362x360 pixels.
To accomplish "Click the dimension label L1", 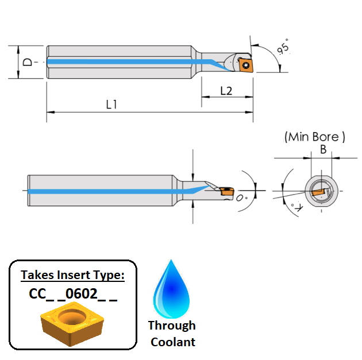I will tap(111, 104).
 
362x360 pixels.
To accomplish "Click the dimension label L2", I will tap(226, 91).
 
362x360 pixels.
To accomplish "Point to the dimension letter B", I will tap(323, 150).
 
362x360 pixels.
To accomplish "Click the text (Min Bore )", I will tap(315, 137).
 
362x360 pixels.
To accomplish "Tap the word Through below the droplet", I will tap(171, 326).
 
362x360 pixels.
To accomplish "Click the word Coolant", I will tap(171, 342).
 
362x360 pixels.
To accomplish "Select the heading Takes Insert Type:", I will tap(72, 275).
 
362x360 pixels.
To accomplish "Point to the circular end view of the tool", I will tap(321, 189).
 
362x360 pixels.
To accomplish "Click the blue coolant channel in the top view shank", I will tap(121, 61).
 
